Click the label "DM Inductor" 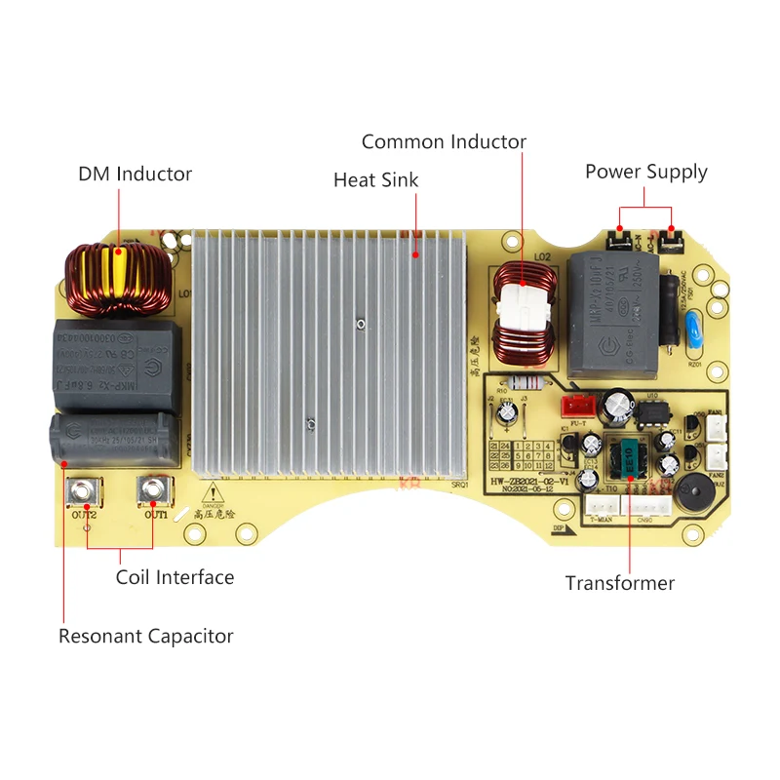click(x=135, y=175)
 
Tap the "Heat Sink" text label click(x=375, y=180)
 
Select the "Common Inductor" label click(x=444, y=142)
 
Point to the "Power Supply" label click(x=645, y=173)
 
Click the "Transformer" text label click(x=619, y=584)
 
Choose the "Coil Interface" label click(x=175, y=577)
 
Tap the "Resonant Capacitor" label click(x=146, y=637)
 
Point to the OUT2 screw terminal click(x=81, y=490)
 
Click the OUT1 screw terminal click(x=155, y=490)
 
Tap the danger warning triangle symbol click(x=212, y=493)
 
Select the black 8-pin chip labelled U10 click(x=650, y=413)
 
